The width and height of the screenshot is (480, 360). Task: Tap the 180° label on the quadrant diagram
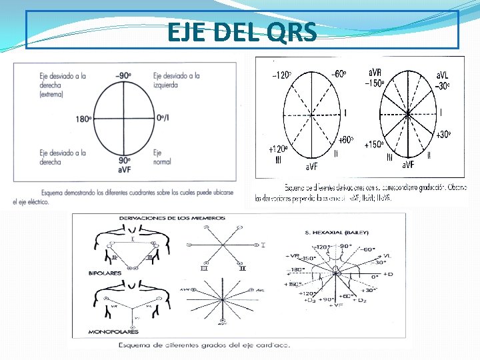point(83,120)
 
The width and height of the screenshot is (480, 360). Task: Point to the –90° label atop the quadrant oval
point(123,76)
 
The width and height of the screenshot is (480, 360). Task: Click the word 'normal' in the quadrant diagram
point(162,162)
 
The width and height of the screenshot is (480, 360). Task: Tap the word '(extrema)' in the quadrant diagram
point(51,95)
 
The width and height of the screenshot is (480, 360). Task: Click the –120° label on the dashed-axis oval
point(281,75)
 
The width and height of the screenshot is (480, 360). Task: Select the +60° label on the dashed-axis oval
point(345,140)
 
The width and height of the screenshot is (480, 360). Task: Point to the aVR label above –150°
point(376,71)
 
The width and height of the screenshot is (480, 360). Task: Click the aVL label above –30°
point(443,75)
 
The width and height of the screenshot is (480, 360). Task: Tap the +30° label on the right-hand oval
point(443,135)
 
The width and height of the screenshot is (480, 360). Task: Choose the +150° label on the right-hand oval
point(374,144)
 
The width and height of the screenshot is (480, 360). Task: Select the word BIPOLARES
point(105,273)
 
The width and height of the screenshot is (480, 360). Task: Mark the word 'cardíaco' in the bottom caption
point(273,345)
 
